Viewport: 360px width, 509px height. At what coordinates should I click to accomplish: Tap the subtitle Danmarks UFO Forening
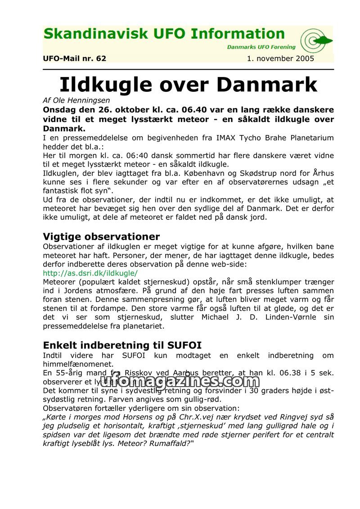click(261, 47)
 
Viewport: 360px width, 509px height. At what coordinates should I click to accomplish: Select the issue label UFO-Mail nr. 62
click(75, 59)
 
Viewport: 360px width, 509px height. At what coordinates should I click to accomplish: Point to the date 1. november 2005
click(280, 59)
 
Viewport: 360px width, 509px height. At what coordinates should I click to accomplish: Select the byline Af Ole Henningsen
click(76, 100)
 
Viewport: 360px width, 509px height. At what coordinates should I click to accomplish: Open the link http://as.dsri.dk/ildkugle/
click(90, 273)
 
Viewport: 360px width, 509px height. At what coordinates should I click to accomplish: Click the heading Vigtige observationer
click(101, 237)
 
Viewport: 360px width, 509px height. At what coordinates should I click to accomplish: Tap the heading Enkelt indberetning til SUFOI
click(122, 346)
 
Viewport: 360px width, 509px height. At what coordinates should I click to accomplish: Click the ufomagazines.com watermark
click(180, 381)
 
